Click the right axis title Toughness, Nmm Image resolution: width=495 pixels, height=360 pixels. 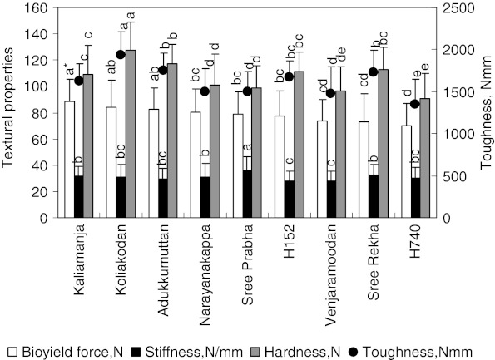[x=487, y=112]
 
